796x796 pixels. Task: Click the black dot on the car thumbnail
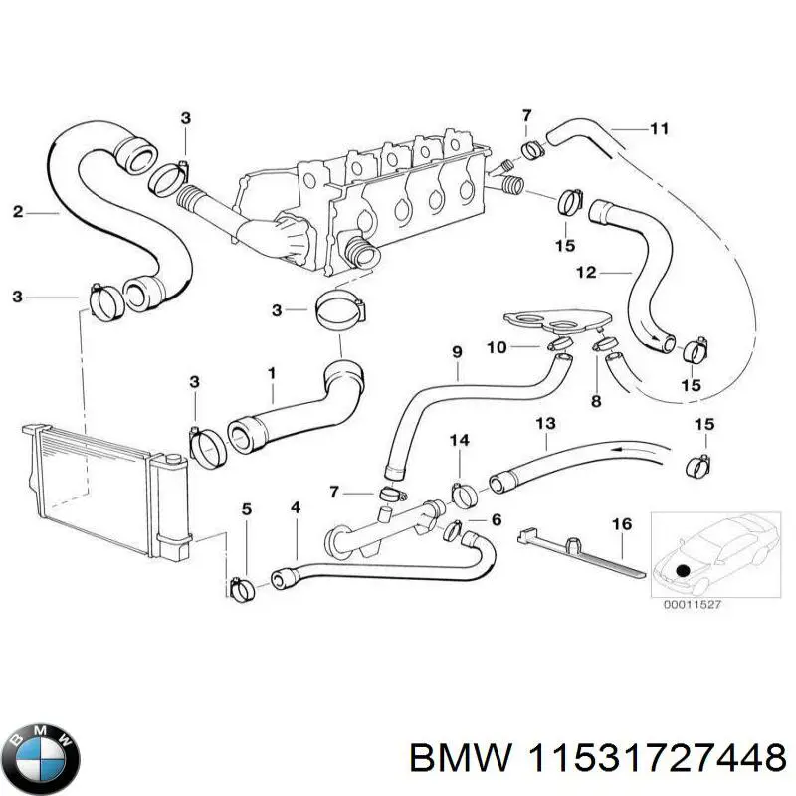pos(682,570)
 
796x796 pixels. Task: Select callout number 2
pos(18,211)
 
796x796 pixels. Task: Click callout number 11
pos(659,128)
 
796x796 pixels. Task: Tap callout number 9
pos(457,351)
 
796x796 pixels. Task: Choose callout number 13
pos(544,424)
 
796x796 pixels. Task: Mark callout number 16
pos(622,522)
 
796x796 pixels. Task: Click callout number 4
pos(295,509)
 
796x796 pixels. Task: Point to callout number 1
pos(270,372)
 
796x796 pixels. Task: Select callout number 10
pos(497,346)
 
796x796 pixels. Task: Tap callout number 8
pos(596,402)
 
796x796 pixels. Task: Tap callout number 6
pos(497,520)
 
